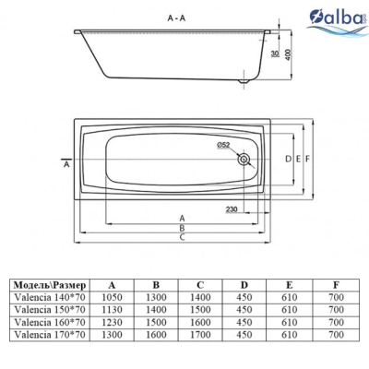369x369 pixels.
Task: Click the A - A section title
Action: click(x=176, y=18)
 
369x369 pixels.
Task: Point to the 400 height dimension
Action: click(x=288, y=54)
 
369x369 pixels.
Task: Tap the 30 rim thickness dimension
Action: click(x=275, y=54)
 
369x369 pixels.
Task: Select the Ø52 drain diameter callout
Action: click(x=223, y=145)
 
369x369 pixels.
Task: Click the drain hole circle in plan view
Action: click(x=244, y=160)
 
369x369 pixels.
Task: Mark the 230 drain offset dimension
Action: click(x=232, y=209)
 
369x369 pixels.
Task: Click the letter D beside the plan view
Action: click(x=288, y=159)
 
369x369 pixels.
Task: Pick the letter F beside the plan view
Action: click(x=307, y=159)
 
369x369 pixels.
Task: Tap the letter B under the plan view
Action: click(x=182, y=228)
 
